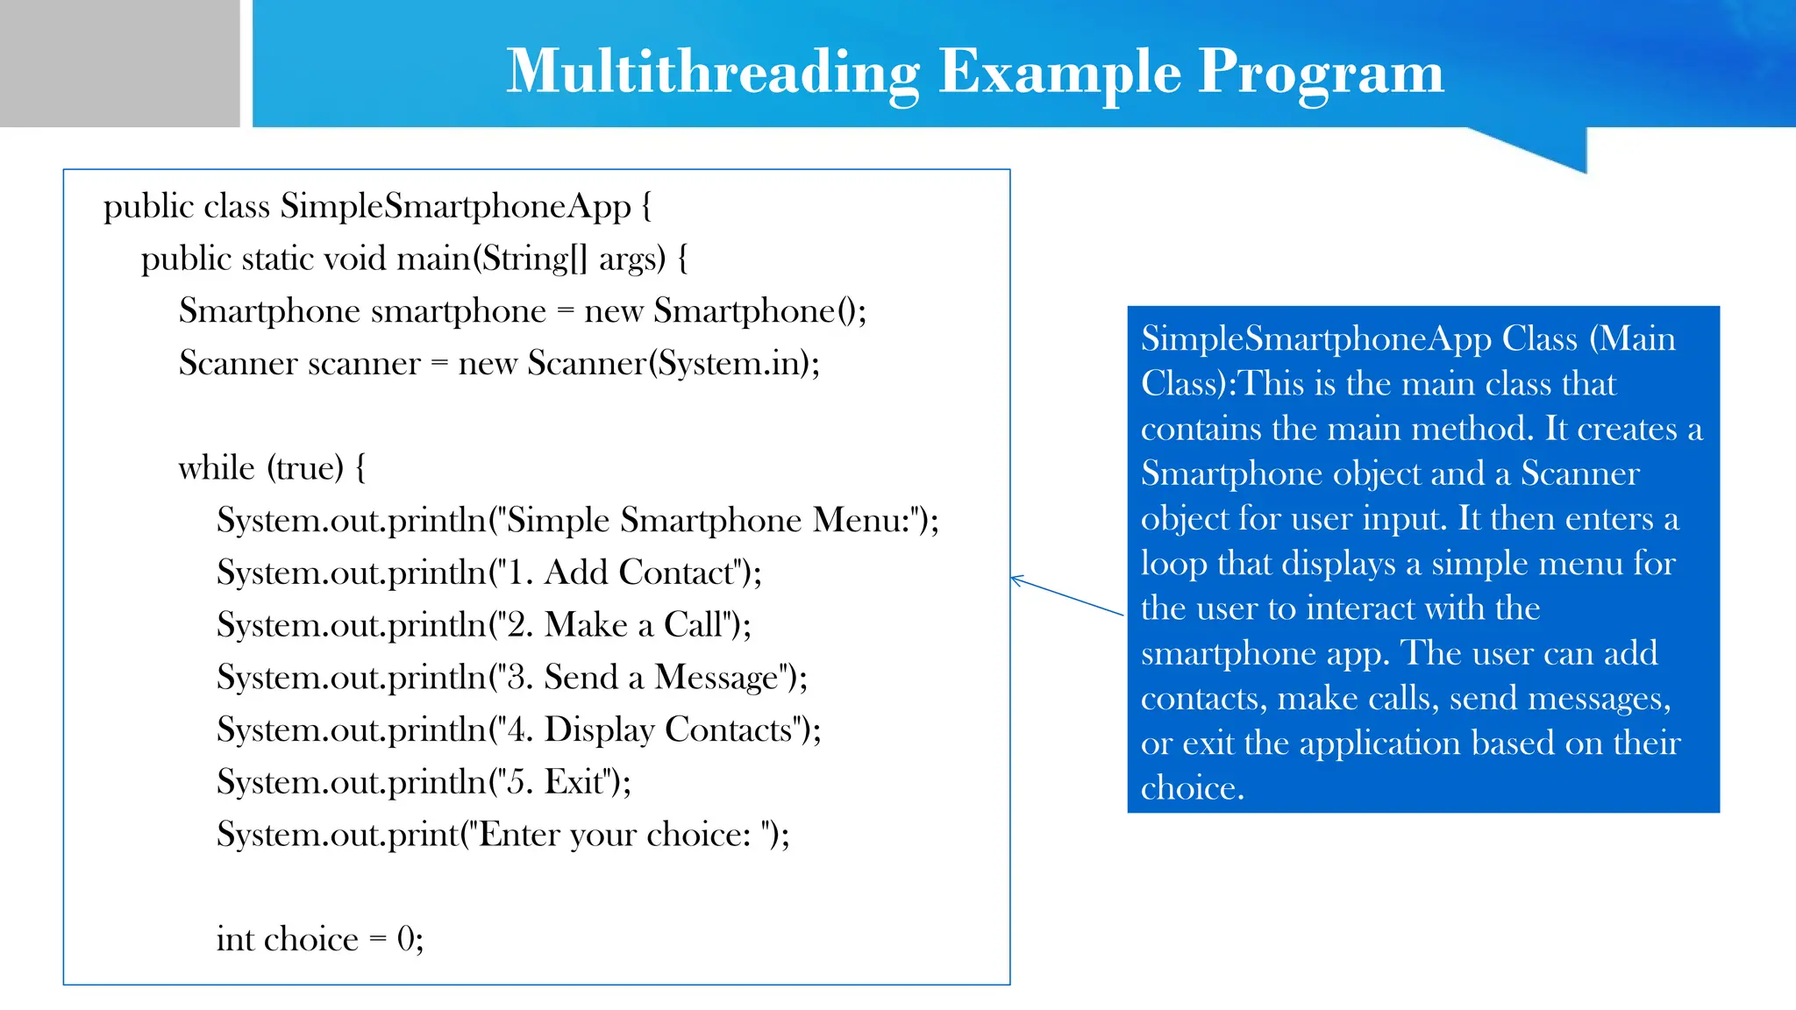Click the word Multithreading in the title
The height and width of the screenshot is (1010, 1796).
[x=712, y=72]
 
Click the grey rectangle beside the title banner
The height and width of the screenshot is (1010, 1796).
[x=119, y=63]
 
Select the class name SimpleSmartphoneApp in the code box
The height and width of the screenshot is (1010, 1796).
[x=455, y=207]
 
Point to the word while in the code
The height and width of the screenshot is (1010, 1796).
[x=216, y=468]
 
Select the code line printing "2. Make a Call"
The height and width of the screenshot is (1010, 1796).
[x=483, y=625]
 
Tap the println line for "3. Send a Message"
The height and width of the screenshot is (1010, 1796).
[x=511, y=678]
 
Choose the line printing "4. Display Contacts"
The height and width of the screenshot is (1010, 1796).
[x=518, y=730]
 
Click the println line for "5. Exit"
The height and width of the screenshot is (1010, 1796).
[x=424, y=782]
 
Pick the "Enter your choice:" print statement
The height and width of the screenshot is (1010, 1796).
[x=502, y=835]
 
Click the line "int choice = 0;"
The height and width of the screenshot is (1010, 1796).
[x=320, y=940]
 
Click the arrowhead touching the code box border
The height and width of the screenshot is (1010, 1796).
[x=1016, y=579]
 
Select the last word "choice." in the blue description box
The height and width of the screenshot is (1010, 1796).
[x=1192, y=788]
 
